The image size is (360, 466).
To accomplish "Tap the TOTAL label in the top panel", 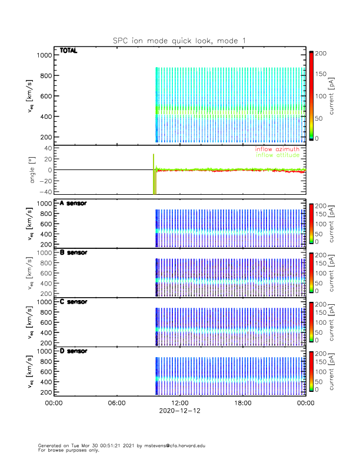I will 69,51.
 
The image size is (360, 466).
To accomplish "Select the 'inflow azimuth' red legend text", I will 278,149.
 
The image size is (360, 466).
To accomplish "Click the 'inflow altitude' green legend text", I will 278,155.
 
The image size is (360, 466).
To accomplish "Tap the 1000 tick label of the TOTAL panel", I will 44,55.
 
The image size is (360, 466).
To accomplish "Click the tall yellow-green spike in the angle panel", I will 154,177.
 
